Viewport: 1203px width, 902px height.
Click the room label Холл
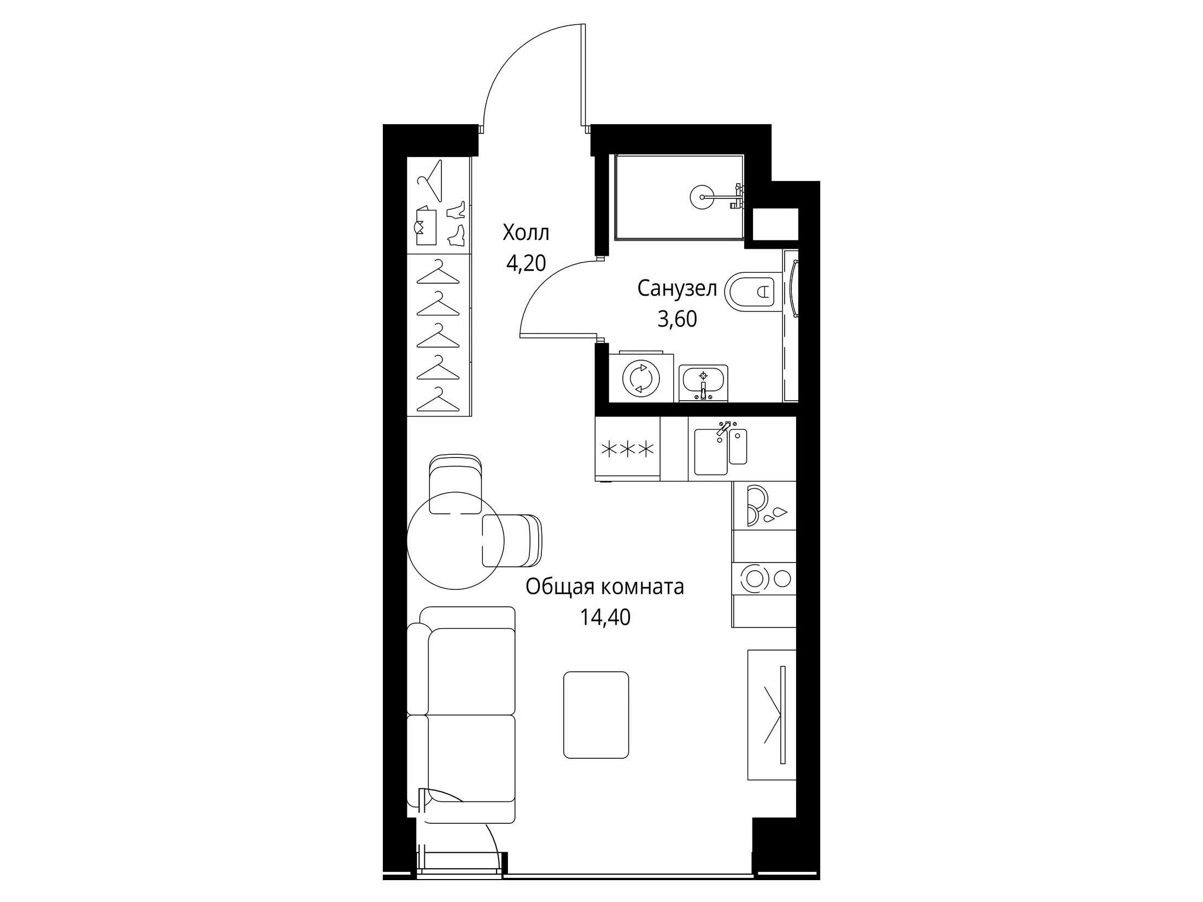[x=526, y=233]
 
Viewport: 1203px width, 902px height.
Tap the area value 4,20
[x=526, y=264]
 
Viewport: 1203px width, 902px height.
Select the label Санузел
[x=677, y=289]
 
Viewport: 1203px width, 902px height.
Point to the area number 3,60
[x=677, y=319]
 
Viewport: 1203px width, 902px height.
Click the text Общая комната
[x=605, y=587]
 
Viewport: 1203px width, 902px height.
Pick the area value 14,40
[x=605, y=618]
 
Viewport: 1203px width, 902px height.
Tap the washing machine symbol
[x=641, y=377]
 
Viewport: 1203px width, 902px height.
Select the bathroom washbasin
[x=703, y=383]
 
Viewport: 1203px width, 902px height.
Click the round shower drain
[x=702, y=196]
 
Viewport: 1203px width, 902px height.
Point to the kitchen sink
[x=721, y=451]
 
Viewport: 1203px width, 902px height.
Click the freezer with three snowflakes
[x=628, y=449]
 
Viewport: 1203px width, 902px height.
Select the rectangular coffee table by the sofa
[x=596, y=714]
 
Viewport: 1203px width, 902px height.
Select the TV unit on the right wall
[x=772, y=714]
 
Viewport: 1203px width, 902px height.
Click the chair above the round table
[x=457, y=484]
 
